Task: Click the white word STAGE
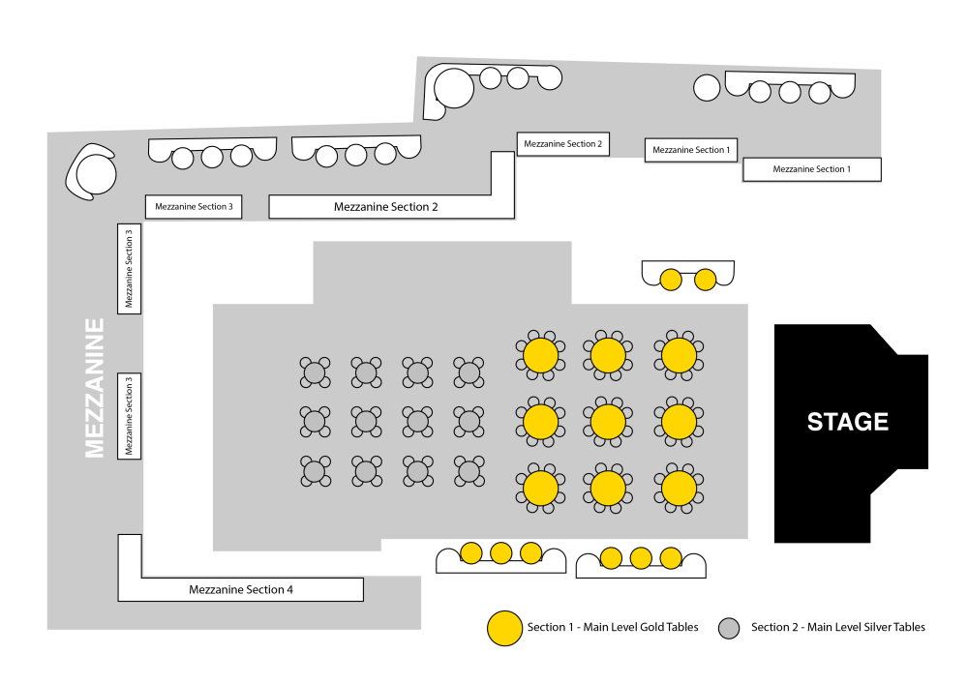tap(848, 422)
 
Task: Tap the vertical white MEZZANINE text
tap(95, 388)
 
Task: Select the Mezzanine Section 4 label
tap(241, 589)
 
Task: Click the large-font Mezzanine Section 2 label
tap(386, 207)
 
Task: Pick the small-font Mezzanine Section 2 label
tap(563, 144)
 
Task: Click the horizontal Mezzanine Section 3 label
tap(194, 207)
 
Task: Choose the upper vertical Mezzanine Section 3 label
tap(129, 269)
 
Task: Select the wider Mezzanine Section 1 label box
tap(812, 169)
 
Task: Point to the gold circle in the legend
tap(505, 629)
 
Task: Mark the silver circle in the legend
tap(729, 629)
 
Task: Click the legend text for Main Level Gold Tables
tap(613, 627)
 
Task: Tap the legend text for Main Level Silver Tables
tap(838, 627)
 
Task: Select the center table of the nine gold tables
tap(608, 422)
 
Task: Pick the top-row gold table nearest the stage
tap(680, 355)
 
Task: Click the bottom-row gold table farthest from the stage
tap(541, 489)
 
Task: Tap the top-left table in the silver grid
tap(315, 372)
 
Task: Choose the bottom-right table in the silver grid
tap(469, 472)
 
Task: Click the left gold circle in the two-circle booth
tap(671, 280)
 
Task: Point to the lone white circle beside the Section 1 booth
tap(707, 88)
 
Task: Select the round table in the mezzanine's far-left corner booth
tap(96, 174)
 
